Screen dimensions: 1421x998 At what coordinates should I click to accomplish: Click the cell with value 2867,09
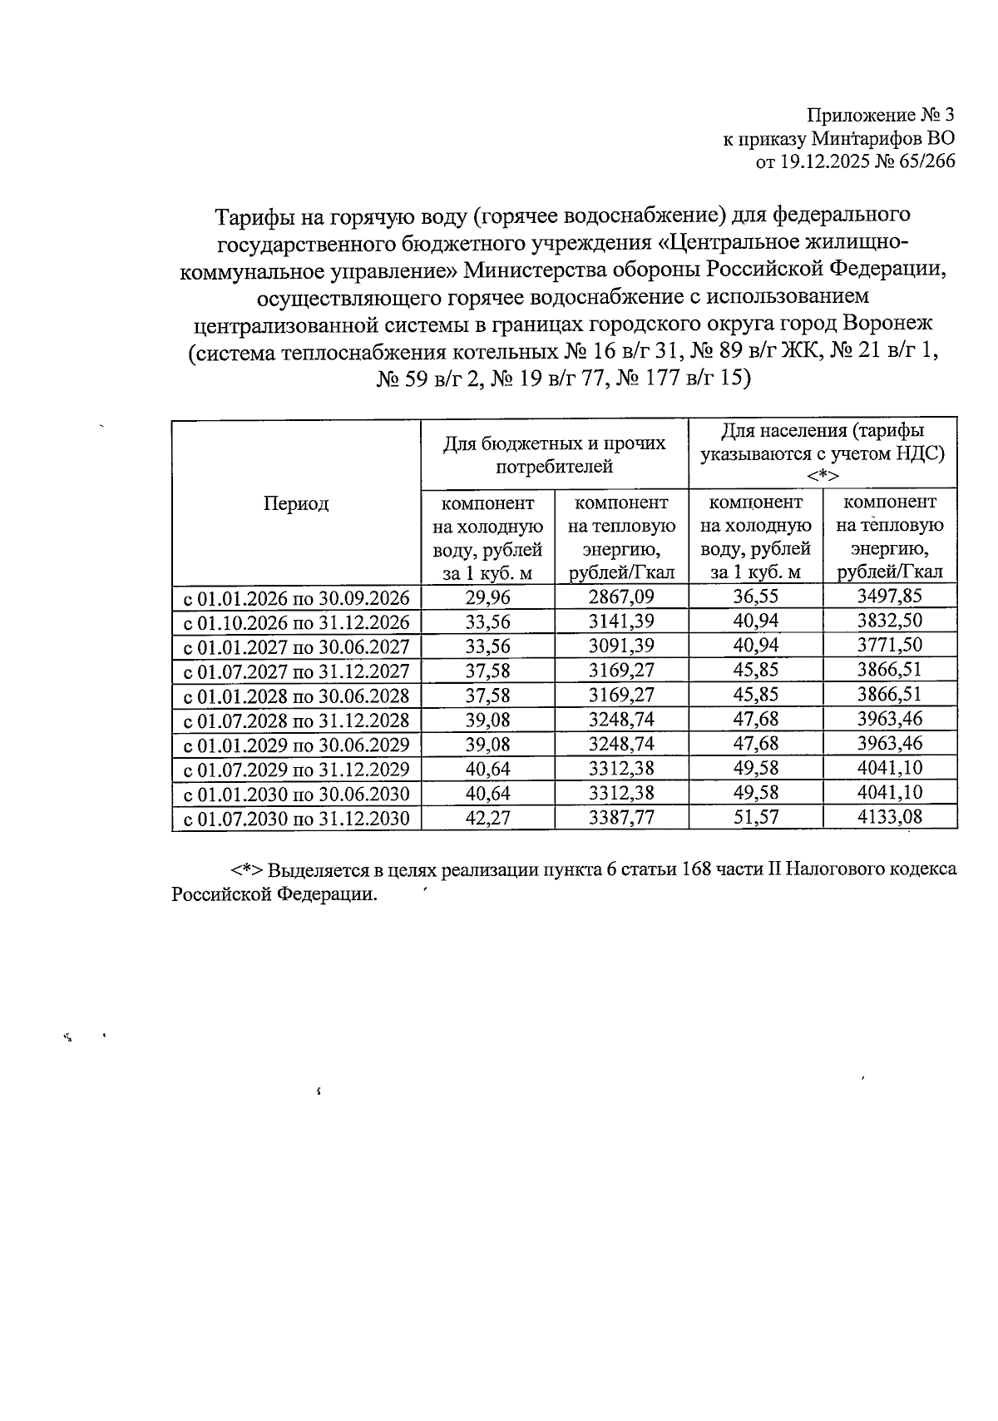(x=621, y=597)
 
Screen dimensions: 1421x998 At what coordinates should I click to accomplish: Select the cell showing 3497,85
(x=889, y=596)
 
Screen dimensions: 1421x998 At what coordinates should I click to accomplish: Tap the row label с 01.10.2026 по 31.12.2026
(x=296, y=622)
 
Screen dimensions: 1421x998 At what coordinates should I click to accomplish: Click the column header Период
(x=296, y=503)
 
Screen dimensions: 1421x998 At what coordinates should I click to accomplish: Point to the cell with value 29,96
(x=488, y=597)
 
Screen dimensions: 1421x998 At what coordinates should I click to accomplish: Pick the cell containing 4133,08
(x=889, y=817)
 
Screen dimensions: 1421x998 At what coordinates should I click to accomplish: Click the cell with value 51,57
(x=755, y=817)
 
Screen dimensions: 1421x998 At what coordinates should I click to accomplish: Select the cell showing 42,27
(x=488, y=817)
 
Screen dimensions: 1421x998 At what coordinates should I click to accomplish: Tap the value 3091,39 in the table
(x=621, y=646)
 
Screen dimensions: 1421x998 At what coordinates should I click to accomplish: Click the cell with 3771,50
(x=889, y=646)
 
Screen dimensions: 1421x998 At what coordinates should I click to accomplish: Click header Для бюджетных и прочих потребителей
(x=555, y=454)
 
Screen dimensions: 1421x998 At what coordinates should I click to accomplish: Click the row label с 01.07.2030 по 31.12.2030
(x=296, y=818)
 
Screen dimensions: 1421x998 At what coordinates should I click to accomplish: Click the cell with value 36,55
(x=755, y=597)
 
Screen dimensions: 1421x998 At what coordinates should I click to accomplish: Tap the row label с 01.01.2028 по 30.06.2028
(x=296, y=696)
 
